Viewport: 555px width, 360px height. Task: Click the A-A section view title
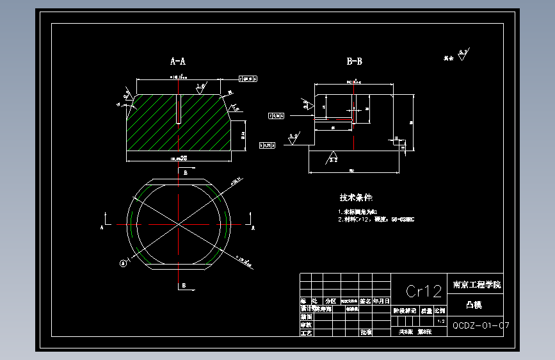[x=177, y=61]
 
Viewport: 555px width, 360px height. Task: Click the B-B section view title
[x=354, y=61]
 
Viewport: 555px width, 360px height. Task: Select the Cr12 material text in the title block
[x=424, y=291]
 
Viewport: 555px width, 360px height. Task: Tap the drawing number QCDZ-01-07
[x=481, y=325]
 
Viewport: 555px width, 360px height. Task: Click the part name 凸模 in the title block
[x=474, y=305]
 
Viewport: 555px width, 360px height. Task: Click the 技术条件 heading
[x=356, y=198]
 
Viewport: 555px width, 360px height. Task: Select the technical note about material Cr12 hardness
[x=376, y=219]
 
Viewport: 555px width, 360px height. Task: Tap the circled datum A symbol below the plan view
[x=123, y=262]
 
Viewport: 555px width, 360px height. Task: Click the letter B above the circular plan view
[x=186, y=173]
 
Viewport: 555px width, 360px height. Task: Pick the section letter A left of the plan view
[x=102, y=227]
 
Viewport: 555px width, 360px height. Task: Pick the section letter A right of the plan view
[x=253, y=227]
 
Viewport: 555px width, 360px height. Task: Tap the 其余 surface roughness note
[x=449, y=58]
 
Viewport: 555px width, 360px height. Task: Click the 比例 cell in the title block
[x=440, y=311]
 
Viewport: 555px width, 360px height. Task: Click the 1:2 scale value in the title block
[x=440, y=321]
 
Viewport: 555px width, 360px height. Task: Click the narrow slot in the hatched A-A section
[x=180, y=109]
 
